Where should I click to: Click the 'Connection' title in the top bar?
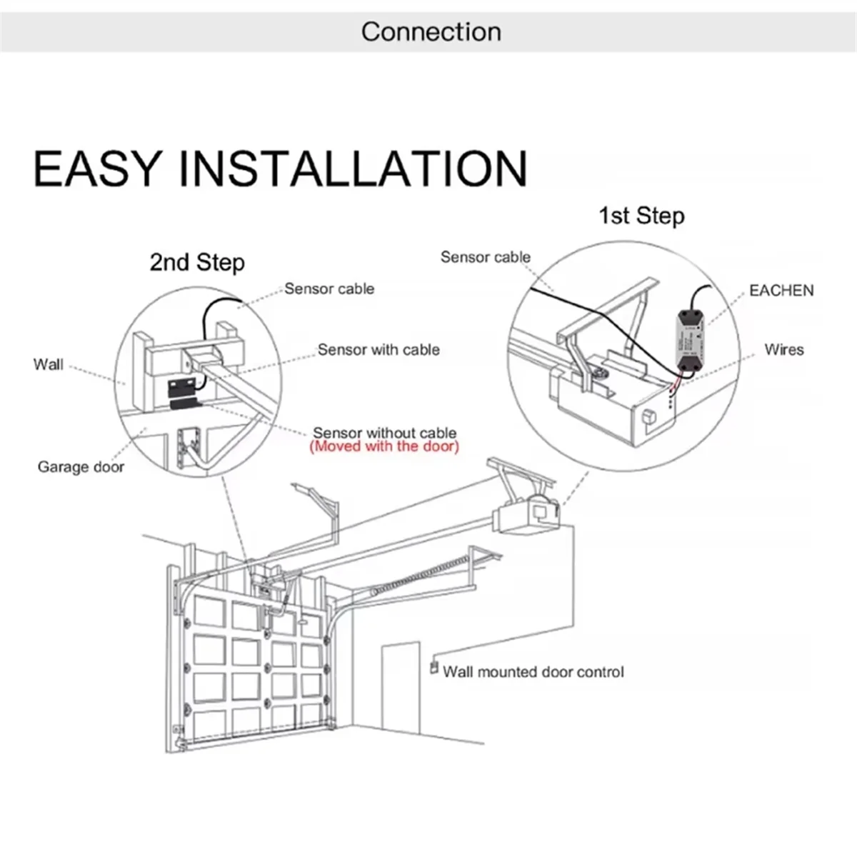[x=431, y=32]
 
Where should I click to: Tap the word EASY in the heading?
[x=96, y=169]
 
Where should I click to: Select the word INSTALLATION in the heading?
[x=352, y=169]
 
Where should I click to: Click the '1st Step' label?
[x=641, y=216]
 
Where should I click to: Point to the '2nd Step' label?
[x=196, y=262]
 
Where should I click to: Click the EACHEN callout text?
[x=781, y=291]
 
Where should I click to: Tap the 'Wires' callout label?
[x=783, y=350]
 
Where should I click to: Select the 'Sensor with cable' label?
[x=379, y=350]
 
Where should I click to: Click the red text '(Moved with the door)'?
[x=384, y=447]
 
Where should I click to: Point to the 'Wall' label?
[x=48, y=365]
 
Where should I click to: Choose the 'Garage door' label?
[x=81, y=467]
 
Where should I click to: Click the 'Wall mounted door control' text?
[x=533, y=672]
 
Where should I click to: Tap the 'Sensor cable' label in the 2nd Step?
[x=329, y=289]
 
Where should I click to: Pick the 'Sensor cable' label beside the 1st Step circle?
[x=485, y=257]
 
